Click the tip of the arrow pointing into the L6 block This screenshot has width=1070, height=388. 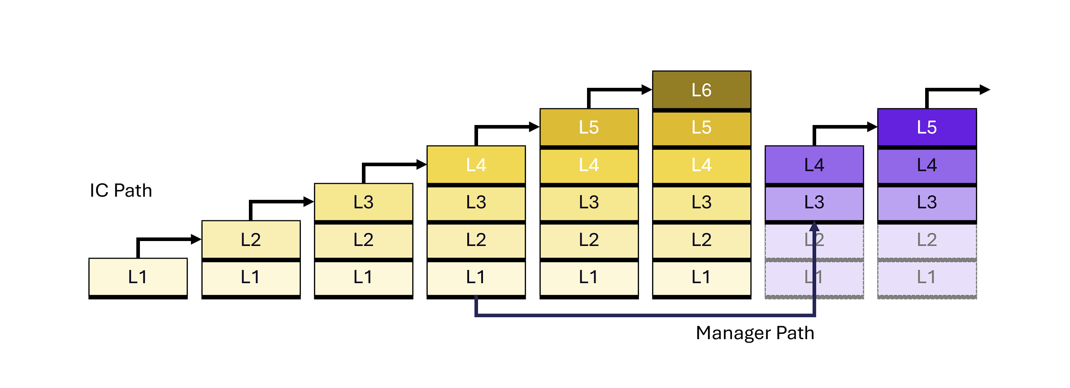coord(652,90)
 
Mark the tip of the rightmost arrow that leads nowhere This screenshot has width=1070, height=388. coord(990,90)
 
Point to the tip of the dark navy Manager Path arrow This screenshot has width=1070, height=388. coord(814,221)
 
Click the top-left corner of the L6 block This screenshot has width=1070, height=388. coord(653,71)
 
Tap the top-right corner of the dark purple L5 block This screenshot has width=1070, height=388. coord(977,108)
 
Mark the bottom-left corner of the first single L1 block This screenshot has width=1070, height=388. coord(89,298)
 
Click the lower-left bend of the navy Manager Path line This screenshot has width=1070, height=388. coord(476,315)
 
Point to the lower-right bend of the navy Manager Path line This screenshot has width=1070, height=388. coord(814,315)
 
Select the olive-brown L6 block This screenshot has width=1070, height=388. coord(702,90)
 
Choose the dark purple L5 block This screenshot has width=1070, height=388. coord(927,128)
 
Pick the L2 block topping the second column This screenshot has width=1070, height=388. coord(251,240)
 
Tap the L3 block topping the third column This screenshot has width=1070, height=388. coord(364,203)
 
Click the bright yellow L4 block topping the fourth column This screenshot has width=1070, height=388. coord(476,165)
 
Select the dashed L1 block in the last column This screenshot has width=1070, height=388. coord(927,278)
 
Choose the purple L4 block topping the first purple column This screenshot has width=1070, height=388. coord(814,165)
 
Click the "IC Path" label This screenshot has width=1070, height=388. coord(121,190)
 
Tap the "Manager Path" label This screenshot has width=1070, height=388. coord(755,333)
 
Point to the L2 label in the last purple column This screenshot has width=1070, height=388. coord(927,240)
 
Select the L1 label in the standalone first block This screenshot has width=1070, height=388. coord(138,277)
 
